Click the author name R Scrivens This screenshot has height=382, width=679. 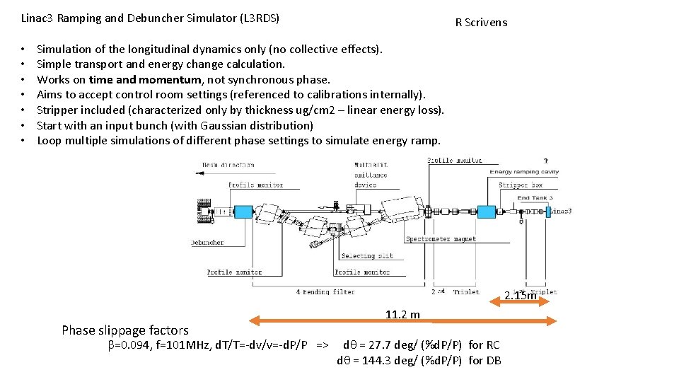[481, 23]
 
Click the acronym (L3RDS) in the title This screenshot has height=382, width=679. [257, 18]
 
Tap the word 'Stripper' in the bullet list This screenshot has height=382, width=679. [57, 110]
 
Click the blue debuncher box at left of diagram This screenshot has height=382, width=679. [243, 212]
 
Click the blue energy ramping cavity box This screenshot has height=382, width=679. [487, 212]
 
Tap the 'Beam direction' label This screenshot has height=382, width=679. [228, 165]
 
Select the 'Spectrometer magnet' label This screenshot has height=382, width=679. [441, 239]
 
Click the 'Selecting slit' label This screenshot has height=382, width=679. [367, 256]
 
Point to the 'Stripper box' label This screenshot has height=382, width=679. [520, 185]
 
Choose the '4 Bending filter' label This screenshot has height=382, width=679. [325, 291]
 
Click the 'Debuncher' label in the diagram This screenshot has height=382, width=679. [207, 243]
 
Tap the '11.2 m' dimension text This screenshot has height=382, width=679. [402, 315]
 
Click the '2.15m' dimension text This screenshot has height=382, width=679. [521, 296]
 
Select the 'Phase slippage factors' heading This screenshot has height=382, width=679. [125, 330]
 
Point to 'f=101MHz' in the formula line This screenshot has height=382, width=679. [167, 345]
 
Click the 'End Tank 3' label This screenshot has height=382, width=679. [535, 198]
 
